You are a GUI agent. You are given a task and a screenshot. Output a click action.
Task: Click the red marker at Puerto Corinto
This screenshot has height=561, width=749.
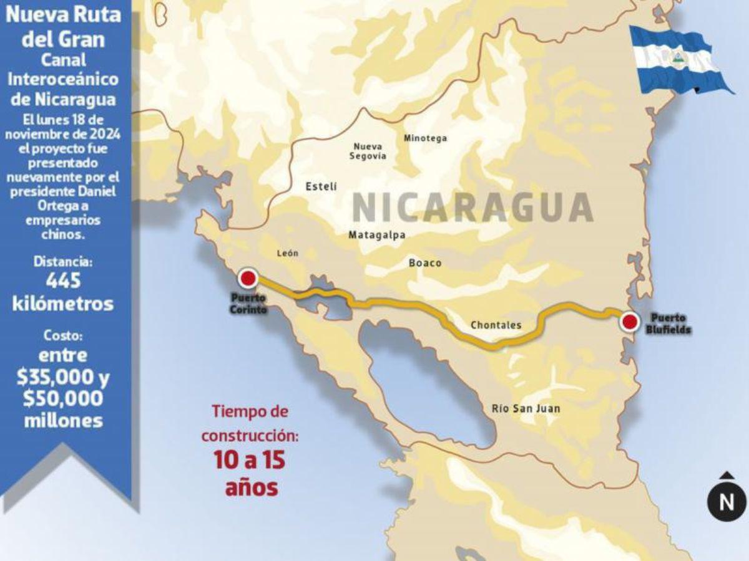click(x=249, y=279)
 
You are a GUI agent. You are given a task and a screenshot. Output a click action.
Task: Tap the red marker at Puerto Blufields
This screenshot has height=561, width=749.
click(x=630, y=322)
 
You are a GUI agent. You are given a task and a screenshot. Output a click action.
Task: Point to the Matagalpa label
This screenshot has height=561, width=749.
click(x=377, y=235)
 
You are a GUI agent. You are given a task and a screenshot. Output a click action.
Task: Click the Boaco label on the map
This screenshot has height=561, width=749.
click(x=425, y=262)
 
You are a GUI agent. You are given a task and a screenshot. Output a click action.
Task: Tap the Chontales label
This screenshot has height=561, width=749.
click(x=496, y=325)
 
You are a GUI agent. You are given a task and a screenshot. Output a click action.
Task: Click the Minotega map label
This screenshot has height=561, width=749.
click(x=426, y=138)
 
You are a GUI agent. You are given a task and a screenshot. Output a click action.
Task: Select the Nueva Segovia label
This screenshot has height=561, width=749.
click(x=368, y=151)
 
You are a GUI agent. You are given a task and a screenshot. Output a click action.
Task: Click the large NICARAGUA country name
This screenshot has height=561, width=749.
click(x=472, y=207)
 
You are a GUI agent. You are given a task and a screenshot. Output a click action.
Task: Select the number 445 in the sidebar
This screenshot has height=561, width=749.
click(x=63, y=281)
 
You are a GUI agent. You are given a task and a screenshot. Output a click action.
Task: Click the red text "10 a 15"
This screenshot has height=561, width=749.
click(x=249, y=461)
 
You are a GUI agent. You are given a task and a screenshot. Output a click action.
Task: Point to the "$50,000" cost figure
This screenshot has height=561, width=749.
click(x=63, y=398)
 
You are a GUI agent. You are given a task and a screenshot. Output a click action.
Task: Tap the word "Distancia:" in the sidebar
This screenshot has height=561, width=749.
click(x=63, y=262)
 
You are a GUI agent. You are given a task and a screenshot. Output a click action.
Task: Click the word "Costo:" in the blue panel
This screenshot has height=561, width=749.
click(x=63, y=336)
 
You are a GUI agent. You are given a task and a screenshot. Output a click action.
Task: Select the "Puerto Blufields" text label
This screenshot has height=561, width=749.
click(x=668, y=323)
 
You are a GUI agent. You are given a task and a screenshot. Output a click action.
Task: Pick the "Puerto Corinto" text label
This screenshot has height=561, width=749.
click(x=248, y=302)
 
